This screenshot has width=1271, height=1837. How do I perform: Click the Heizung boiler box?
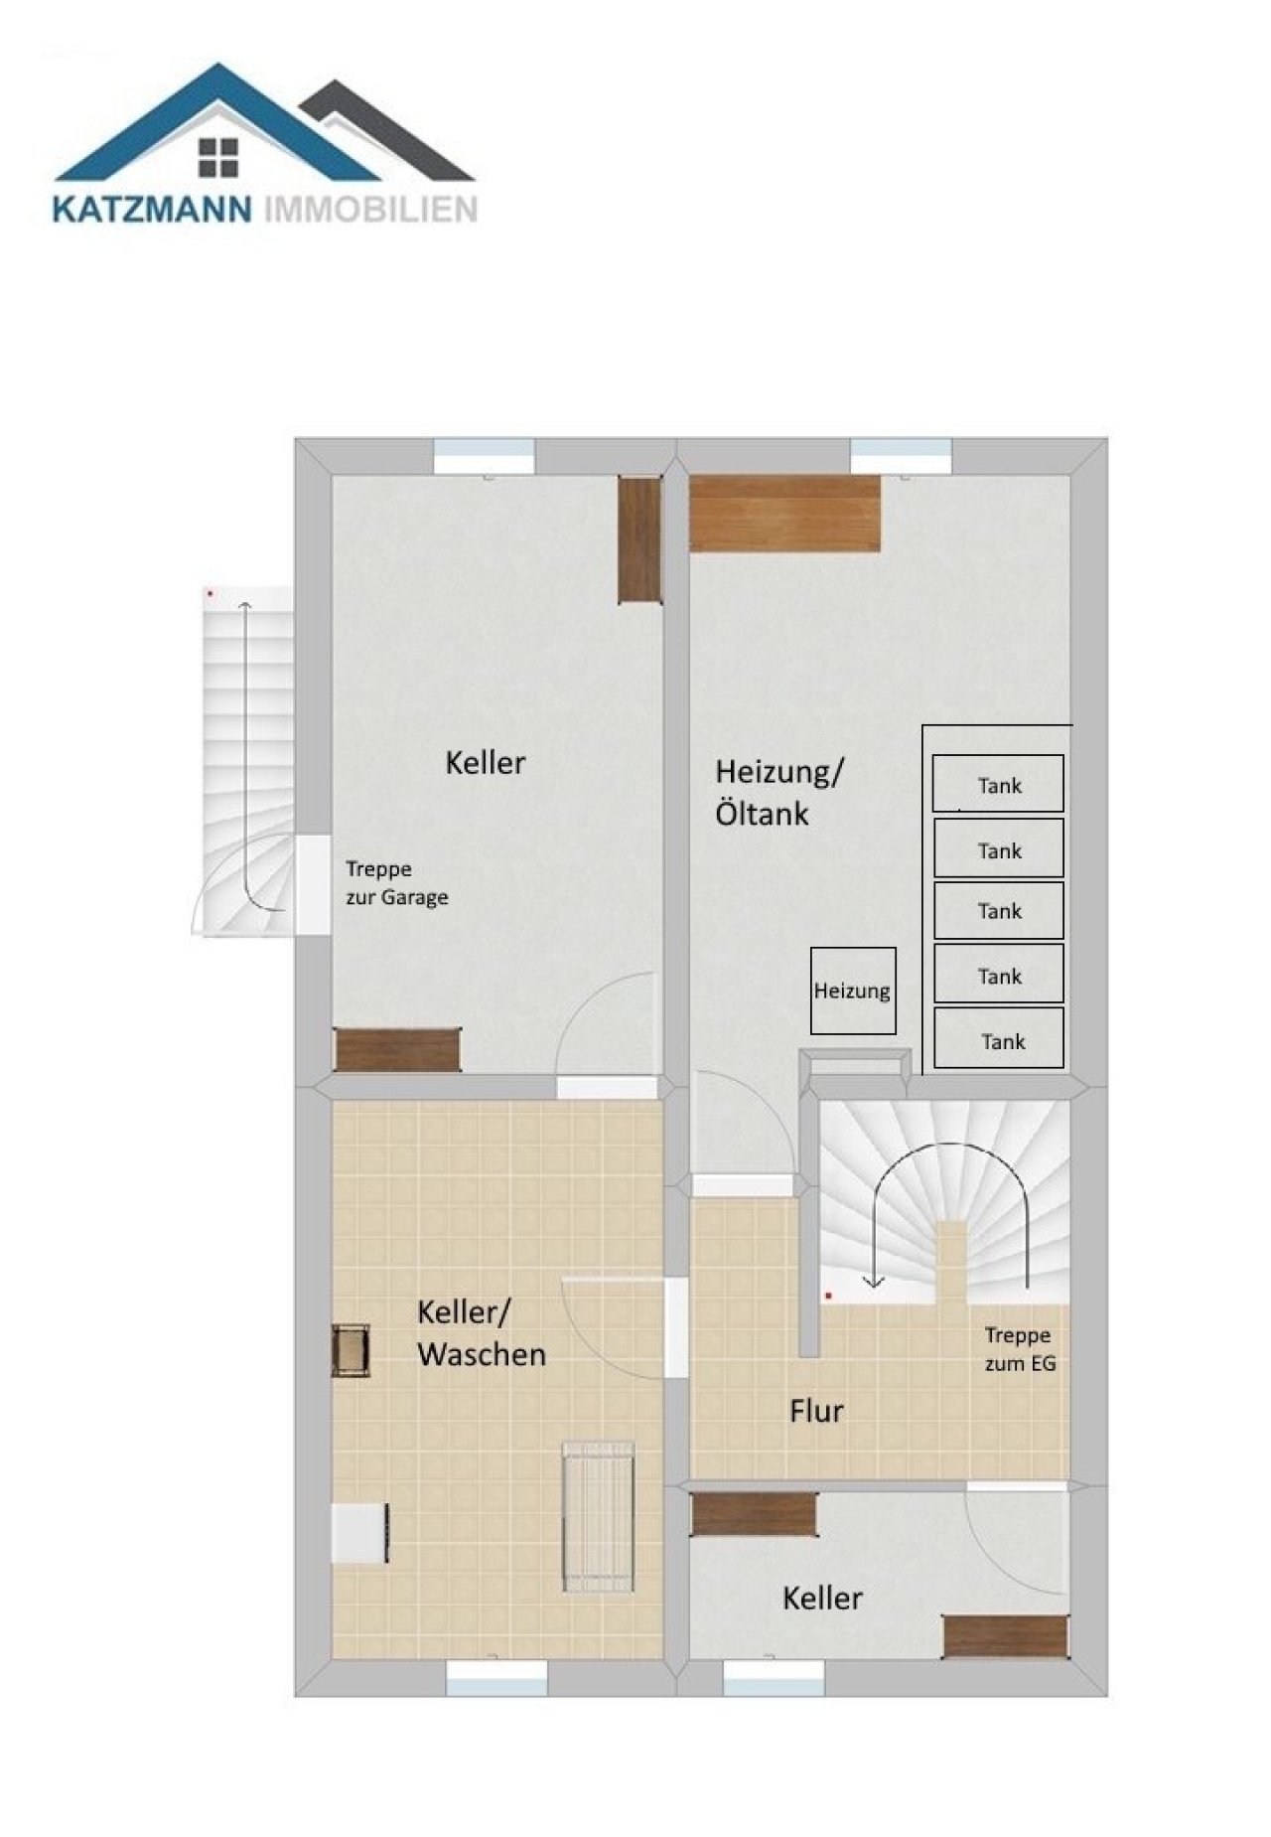point(853,991)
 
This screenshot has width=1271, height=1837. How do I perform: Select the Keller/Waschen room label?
point(482,1333)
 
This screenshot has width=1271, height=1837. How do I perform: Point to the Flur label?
point(816,1411)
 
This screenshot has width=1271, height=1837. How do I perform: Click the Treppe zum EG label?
point(1020,1349)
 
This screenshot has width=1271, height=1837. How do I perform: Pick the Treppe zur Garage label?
point(396,883)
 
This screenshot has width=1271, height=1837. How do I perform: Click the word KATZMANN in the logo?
point(153,210)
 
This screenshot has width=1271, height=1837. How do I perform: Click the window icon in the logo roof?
point(218,156)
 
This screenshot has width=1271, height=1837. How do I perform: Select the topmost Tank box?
point(998,784)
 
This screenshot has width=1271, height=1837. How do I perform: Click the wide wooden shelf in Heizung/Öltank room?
point(785,513)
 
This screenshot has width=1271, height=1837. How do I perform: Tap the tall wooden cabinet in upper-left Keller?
point(640,539)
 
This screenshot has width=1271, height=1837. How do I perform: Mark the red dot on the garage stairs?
point(210,593)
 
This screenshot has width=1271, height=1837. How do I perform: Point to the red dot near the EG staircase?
point(828,1296)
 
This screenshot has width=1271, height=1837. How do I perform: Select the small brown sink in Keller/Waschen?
point(351,1350)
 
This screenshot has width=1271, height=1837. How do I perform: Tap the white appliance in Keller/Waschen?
point(359,1533)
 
